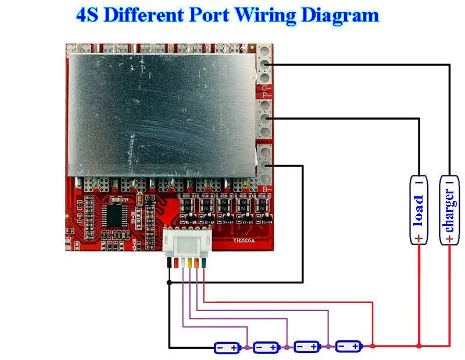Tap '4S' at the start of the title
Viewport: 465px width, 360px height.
click(x=89, y=15)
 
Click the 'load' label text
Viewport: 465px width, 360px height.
click(x=419, y=211)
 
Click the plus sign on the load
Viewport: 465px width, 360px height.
click(x=419, y=237)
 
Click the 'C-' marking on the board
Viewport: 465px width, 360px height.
click(x=266, y=88)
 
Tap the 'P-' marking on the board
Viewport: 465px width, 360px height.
click(x=266, y=95)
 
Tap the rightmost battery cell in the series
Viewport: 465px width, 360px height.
click(x=349, y=347)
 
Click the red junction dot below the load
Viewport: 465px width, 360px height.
click(x=419, y=346)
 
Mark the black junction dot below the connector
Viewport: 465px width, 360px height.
click(x=169, y=282)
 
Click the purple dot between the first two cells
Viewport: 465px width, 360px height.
click(x=248, y=347)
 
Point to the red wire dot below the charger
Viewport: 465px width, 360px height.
click(x=449, y=346)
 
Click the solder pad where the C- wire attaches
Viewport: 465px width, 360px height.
click(x=266, y=64)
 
